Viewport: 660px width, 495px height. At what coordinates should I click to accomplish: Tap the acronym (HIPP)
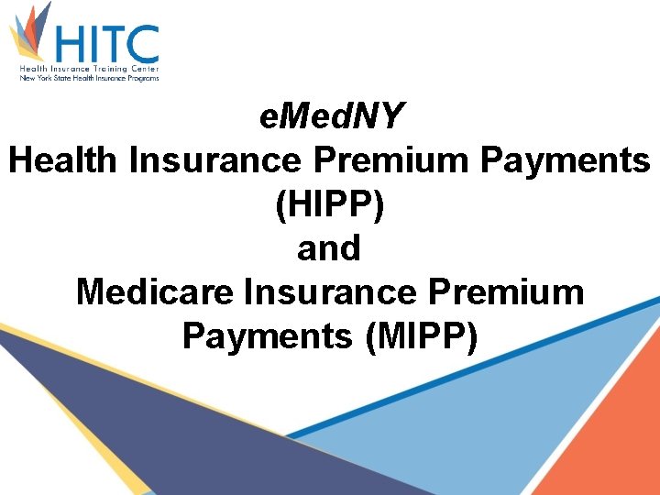tap(329, 204)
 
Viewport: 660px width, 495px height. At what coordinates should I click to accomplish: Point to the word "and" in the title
tap(329, 248)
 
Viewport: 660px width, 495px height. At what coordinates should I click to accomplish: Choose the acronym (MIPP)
tap(421, 336)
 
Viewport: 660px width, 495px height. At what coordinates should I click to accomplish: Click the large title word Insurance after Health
tap(214, 160)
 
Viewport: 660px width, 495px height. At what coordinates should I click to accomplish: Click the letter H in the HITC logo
tap(73, 44)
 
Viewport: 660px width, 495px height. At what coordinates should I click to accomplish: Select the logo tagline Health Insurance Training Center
tap(90, 70)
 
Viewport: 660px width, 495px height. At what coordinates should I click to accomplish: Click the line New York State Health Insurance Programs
tap(90, 79)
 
